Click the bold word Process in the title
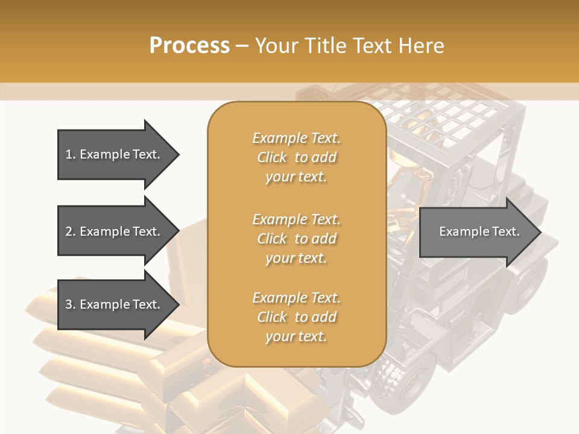(189, 46)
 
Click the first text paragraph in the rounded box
(296, 157)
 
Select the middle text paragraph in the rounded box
(296, 239)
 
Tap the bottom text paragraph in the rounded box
(296, 317)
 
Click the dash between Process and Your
(242, 46)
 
